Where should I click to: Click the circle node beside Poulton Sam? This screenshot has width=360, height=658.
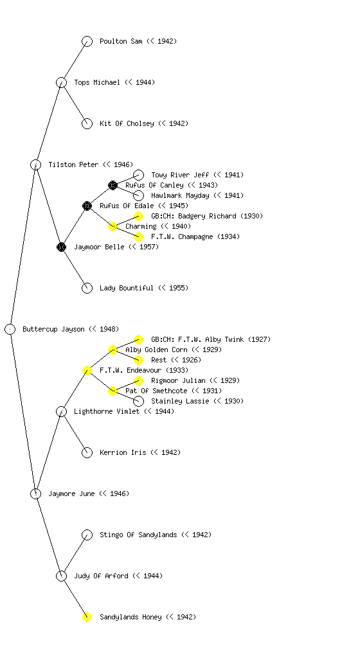click(x=87, y=41)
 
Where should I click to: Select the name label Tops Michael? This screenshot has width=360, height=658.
click(x=97, y=82)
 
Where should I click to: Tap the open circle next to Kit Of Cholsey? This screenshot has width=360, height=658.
click(x=87, y=123)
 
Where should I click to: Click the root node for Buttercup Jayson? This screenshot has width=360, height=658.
click(x=10, y=329)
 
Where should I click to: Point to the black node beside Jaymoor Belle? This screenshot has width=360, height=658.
click(x=61, y=247)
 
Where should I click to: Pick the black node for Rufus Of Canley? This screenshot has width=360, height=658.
click(x=113, y=185)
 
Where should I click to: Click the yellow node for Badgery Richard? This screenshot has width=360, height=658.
click(x=138, y=216)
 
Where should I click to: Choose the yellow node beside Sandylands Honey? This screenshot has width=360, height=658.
click(x=87, y=617)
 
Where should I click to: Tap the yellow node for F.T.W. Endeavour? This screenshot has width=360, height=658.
click(x=87, y=370)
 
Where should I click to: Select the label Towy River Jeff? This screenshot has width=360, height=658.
click(x=180, y=175)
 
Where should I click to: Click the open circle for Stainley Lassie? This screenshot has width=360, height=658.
click(x=138, y=401)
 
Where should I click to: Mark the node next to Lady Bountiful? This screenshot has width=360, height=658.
click(x=87, y=288)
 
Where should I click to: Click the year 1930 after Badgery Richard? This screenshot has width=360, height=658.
click(x=252, y=216)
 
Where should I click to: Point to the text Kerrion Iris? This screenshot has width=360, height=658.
click(x=123, y=452)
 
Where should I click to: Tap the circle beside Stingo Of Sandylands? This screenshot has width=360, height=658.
click(x=87, y=535)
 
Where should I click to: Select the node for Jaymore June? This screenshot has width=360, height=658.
click(x=35, y=493)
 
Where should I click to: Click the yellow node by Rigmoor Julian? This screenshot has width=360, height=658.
click(x=138, y=380)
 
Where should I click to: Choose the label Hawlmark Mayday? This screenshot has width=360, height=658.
click(x=180, y=195)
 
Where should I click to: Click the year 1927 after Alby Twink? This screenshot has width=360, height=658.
click(x=259, y=339)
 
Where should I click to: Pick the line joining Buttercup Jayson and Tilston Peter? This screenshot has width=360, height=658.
click(x=23, y=247)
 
